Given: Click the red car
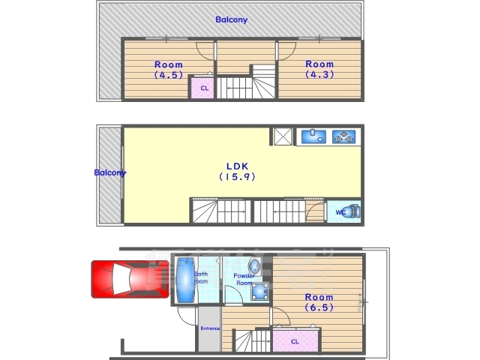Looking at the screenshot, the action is point(130,279).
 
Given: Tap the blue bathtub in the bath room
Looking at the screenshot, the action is point(186,280).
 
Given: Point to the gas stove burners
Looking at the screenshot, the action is point(344,136).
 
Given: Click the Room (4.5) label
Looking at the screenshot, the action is point(168,70).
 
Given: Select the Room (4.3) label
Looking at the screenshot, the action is point(319,69).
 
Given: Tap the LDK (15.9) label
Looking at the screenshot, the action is point(237,172).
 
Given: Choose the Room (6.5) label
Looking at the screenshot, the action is point(319,301).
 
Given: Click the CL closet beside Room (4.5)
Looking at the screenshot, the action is point(202,88).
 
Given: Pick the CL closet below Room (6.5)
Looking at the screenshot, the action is point(295,341).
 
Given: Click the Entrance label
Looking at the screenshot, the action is point(210,328).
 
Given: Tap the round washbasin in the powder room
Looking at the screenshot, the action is point(254,266).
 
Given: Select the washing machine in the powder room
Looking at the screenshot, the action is point(260,291).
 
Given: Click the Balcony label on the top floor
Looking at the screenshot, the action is point(232,20).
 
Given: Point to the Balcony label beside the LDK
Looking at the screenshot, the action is point(110,173).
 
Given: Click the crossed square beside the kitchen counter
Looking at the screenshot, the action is point(283,136).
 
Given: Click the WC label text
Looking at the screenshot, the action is point(340,212).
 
